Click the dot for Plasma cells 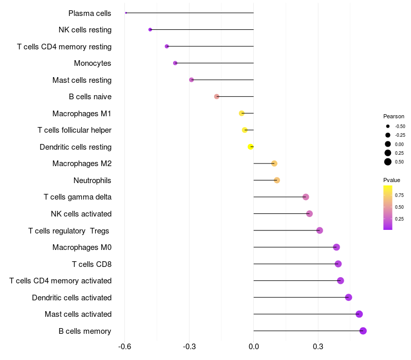click(x=126, y=13)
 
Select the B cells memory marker click(x=363, y=331)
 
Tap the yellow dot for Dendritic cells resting click(x=251, y=147)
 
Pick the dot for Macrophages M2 click(x=274, y=164)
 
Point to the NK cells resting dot click(x=150, y=30)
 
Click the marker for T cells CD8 click(x=338, y=264)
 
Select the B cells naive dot click(x=217, y=97)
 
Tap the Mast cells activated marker click(x=359, y=314)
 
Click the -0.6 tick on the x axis click(x=124, y=347)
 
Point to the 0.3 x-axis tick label click(x=318, y=347)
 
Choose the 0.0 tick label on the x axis click(x=254, y=347)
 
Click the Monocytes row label click(x=92, y=63)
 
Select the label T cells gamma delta click(x=78, y=197)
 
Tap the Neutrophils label click(x=92, y=181)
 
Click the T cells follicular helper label click(x=74, y=130)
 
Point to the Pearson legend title click(x=394, y=116)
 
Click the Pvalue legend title click(x=391, y=180)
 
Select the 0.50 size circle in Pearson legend click(x=388, y=162)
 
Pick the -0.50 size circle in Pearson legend click(x=388, y=126)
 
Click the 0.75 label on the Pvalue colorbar click(x=399, y=195)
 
